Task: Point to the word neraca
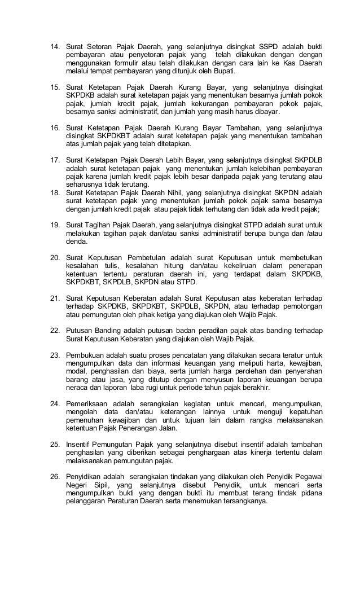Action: (77, 388)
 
